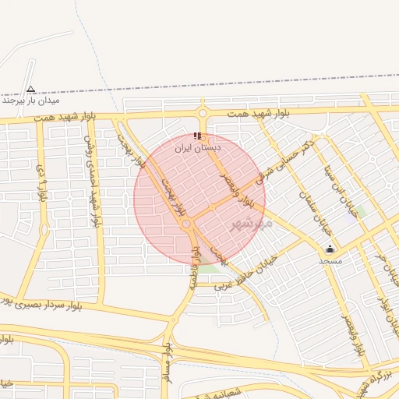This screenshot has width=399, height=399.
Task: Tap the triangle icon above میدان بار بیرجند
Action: (x=30, y=89)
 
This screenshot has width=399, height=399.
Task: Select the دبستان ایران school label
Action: (x=198, y=147)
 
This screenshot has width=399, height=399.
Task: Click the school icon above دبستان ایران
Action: (x=197, y=135)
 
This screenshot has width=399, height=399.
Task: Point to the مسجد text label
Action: (x=330, y=261)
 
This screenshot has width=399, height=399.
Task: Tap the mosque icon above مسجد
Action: (x=330, y=249)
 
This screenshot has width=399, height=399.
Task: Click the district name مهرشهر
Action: (x=252, y=224)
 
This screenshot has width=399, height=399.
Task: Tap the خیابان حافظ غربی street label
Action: (x=247, y=272)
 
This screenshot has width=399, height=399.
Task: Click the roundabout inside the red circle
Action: (x=187, y=225)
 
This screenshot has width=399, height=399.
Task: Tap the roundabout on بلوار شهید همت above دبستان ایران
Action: (x=203, y=115)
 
